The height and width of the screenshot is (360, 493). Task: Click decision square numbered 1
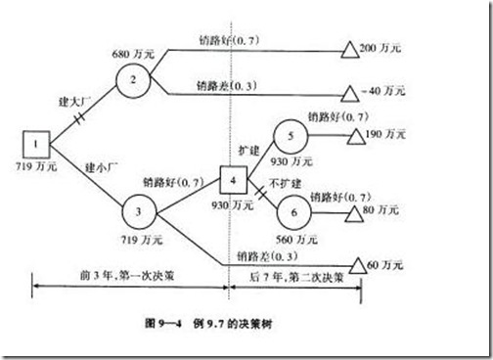point(36,148)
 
